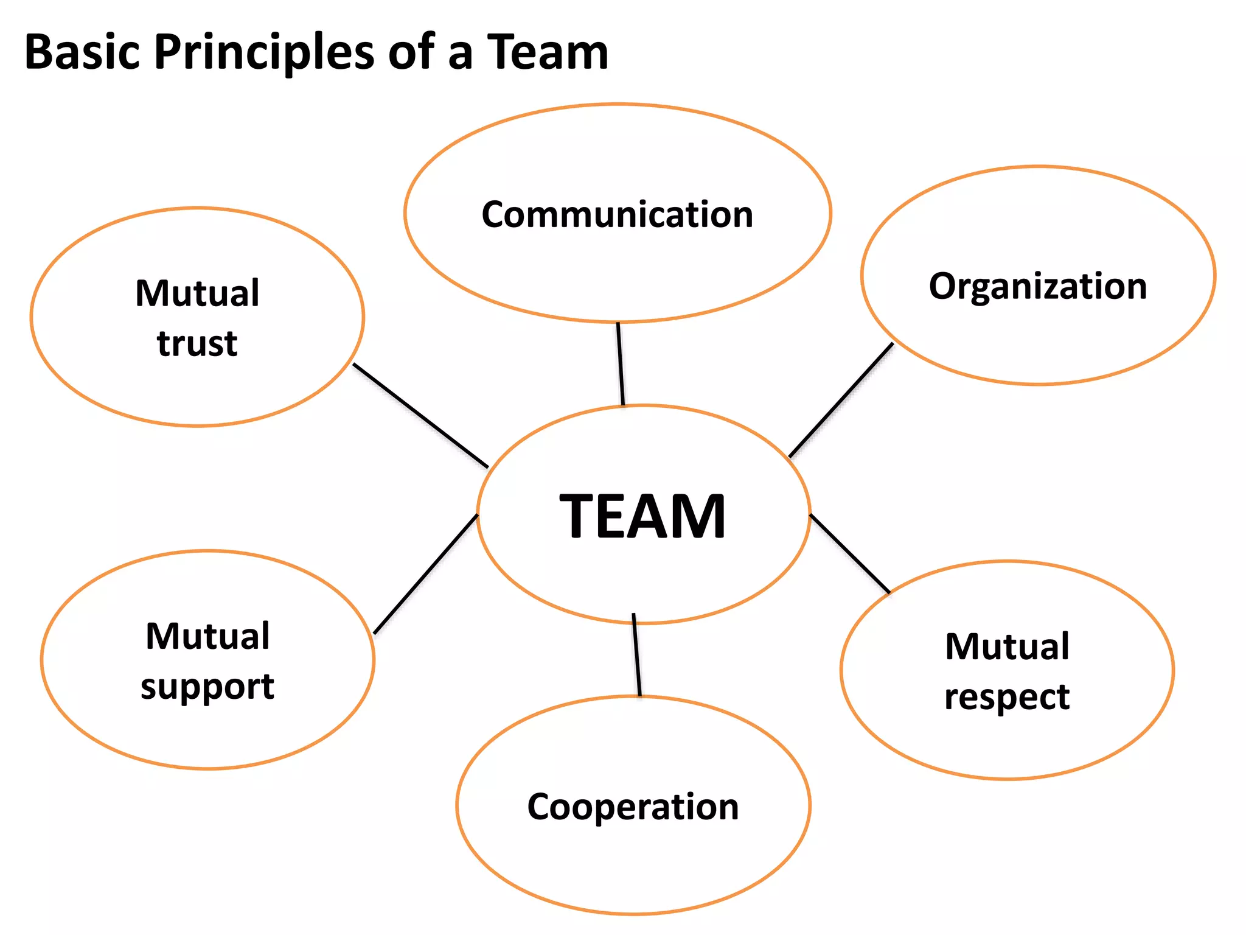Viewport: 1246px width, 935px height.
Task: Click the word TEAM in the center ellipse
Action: point(642,516)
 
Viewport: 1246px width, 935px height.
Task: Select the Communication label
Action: point(617,214)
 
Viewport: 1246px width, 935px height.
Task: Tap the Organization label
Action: point(1037,286)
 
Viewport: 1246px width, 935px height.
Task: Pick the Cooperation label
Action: point(633,807)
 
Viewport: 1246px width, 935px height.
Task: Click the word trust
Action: point(197,343)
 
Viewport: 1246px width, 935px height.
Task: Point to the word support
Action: point(207,688)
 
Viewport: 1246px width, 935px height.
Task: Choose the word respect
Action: point(1007,697)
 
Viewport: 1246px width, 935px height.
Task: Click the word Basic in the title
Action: point(82,52)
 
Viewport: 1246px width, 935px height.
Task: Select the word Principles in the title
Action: point(264,54)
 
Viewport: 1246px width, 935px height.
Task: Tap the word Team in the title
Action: point(548,52)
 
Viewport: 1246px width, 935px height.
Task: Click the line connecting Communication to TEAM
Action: point(621,363)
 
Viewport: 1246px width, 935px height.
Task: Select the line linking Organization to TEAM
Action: point(841,400)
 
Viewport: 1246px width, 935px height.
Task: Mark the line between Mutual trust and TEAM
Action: point(420,416)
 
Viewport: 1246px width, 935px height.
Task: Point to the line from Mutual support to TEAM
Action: point(425,575)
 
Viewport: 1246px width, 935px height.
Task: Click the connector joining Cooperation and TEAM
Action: point(636,655)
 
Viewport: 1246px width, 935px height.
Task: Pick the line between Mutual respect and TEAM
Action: point(850,553)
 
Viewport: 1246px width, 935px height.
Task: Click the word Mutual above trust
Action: point(197,293)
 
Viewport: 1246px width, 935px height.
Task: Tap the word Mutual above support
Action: point(207,637)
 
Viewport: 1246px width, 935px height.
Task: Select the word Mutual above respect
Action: point(1007,646)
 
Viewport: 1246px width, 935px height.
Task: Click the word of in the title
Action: point(411,52)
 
